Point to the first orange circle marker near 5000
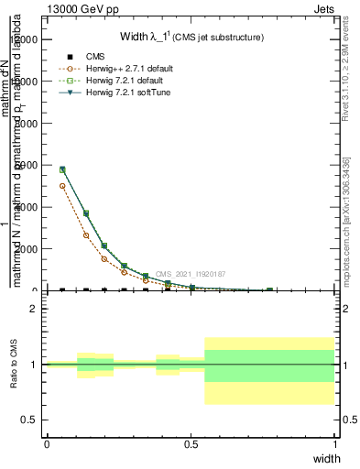(62, 186)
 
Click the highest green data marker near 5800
(62, 169)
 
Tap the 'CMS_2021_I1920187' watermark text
(190, 274)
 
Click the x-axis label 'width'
(326, 458)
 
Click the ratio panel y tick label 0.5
(31, 420)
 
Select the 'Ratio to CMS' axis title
(14, 364)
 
